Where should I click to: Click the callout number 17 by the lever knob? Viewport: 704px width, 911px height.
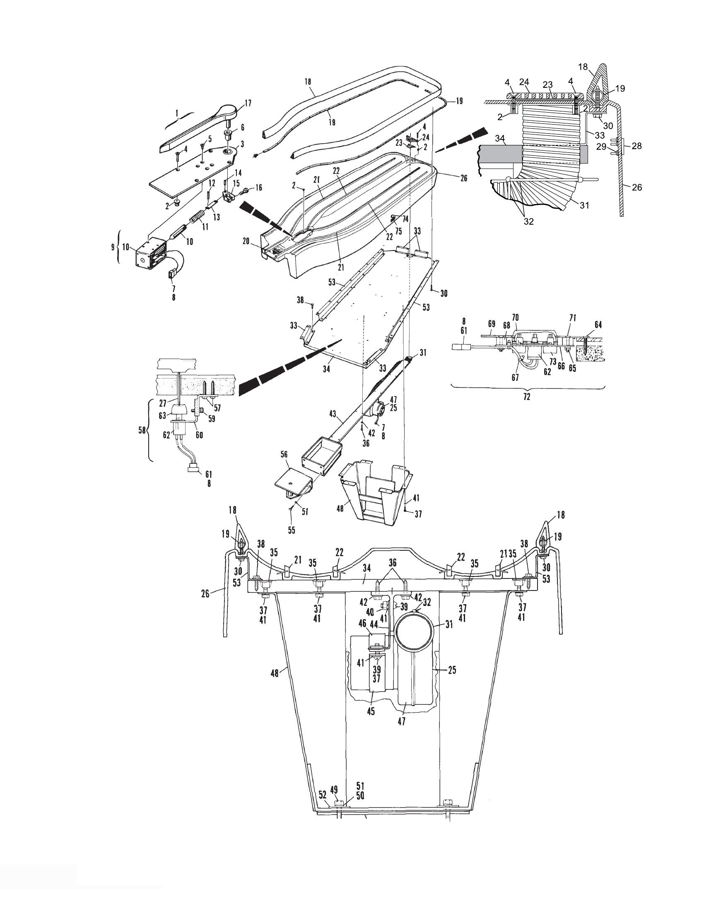tap(248, 104)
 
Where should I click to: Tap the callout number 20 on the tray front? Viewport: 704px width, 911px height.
tap(246, 241)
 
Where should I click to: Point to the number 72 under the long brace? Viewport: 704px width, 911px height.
tap(527, 397)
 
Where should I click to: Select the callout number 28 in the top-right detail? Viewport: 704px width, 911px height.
tap(636, 146)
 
